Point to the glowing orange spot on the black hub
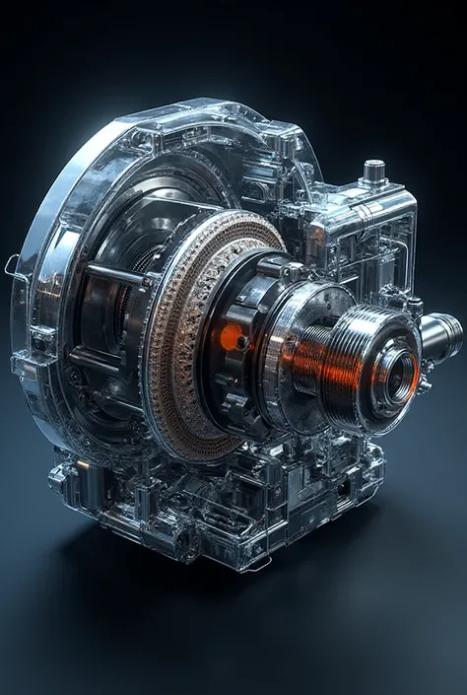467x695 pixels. click(x=233, y=338)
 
